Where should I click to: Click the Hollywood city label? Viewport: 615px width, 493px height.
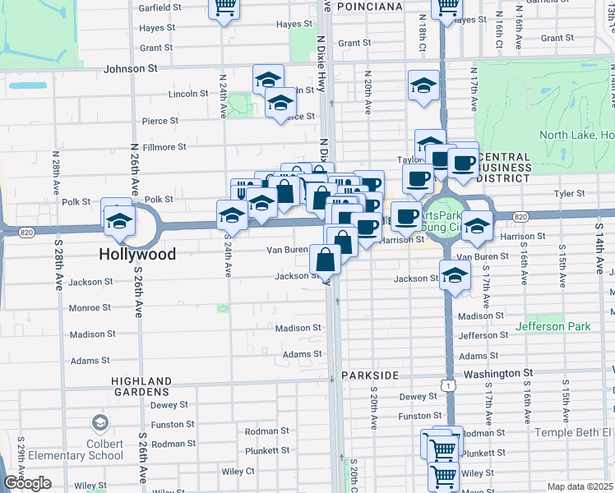point(137,255)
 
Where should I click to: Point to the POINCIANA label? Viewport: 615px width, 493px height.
point(374,7)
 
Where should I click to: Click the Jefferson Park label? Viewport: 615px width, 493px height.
point(553,326)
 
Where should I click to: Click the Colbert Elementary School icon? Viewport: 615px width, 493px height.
point(99,423)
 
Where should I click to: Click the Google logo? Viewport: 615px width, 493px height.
point(26,483)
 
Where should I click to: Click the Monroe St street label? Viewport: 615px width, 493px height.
point(90,307)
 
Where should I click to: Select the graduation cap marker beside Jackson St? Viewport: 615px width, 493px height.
point(454,277)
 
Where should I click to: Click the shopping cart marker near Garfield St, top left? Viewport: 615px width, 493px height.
point(224,7)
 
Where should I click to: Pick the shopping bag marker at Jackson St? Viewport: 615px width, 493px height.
point(326,260)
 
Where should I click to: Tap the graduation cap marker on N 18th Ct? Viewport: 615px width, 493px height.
point(423,85)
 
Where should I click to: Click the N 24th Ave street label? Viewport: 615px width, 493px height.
point(223,95)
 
